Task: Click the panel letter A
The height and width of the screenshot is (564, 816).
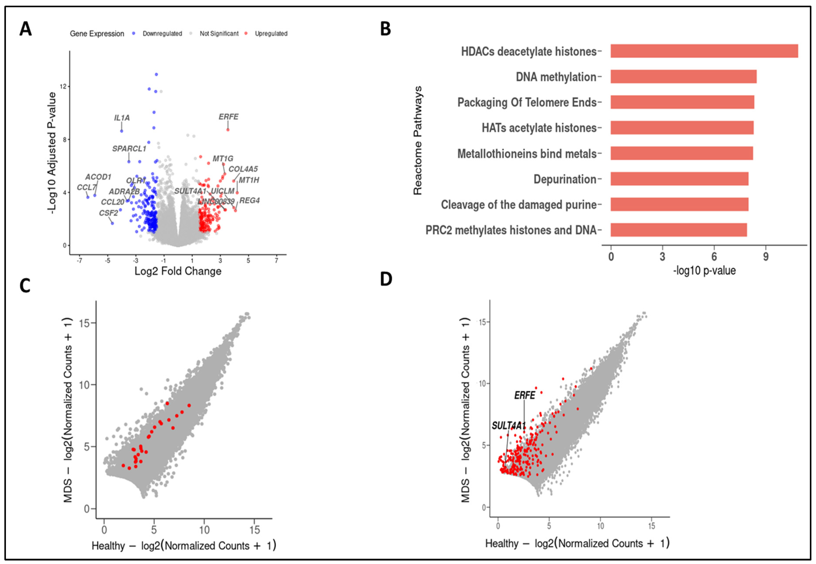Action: pos(25,29)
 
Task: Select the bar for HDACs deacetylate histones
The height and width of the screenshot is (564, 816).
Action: pos(704,51)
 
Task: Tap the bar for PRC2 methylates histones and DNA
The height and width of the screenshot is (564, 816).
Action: pos(678,230)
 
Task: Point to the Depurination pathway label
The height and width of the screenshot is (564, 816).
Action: pos(564,179)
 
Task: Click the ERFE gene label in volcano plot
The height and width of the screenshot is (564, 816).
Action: pos(228,117)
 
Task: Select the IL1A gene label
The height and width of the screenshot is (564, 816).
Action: pos(122,118)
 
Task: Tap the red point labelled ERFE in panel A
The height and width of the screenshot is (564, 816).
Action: pos(228,130)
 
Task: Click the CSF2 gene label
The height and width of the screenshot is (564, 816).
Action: pos(108,213)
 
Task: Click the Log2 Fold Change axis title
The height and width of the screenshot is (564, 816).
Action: pos(178,271)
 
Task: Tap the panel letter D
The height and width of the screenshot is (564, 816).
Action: pos(386,279)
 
